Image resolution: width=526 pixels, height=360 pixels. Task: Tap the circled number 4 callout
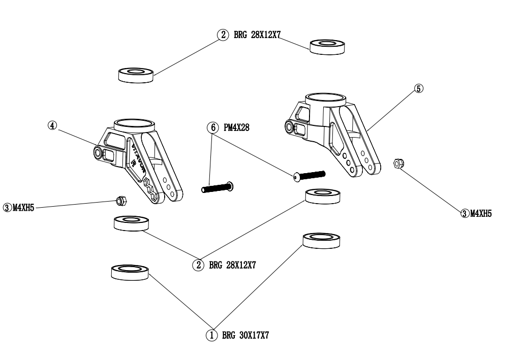(x=52, y=125)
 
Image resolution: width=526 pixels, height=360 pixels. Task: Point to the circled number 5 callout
(x=418, y=88)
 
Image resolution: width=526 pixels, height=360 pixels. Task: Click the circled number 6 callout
(x=211, y=128)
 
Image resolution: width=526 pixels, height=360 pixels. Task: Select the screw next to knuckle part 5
(x=308, y=175)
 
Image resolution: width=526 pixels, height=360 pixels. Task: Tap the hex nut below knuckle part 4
(x=120, y=201)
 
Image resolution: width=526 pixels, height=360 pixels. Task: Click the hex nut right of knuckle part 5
(x=399, y=163)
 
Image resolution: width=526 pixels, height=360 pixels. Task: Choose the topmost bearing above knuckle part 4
(x=136, y=74)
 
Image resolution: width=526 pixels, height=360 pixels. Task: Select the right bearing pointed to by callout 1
(x=321, y=240)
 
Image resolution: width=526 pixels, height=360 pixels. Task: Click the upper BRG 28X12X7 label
(x=258, y=36)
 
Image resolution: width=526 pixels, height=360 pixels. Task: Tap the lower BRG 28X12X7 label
(x=232, y=265)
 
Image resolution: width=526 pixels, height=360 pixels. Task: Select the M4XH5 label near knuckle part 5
(x=481, y=213)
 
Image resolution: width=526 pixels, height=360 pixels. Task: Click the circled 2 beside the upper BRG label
(x=223, y=36)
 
